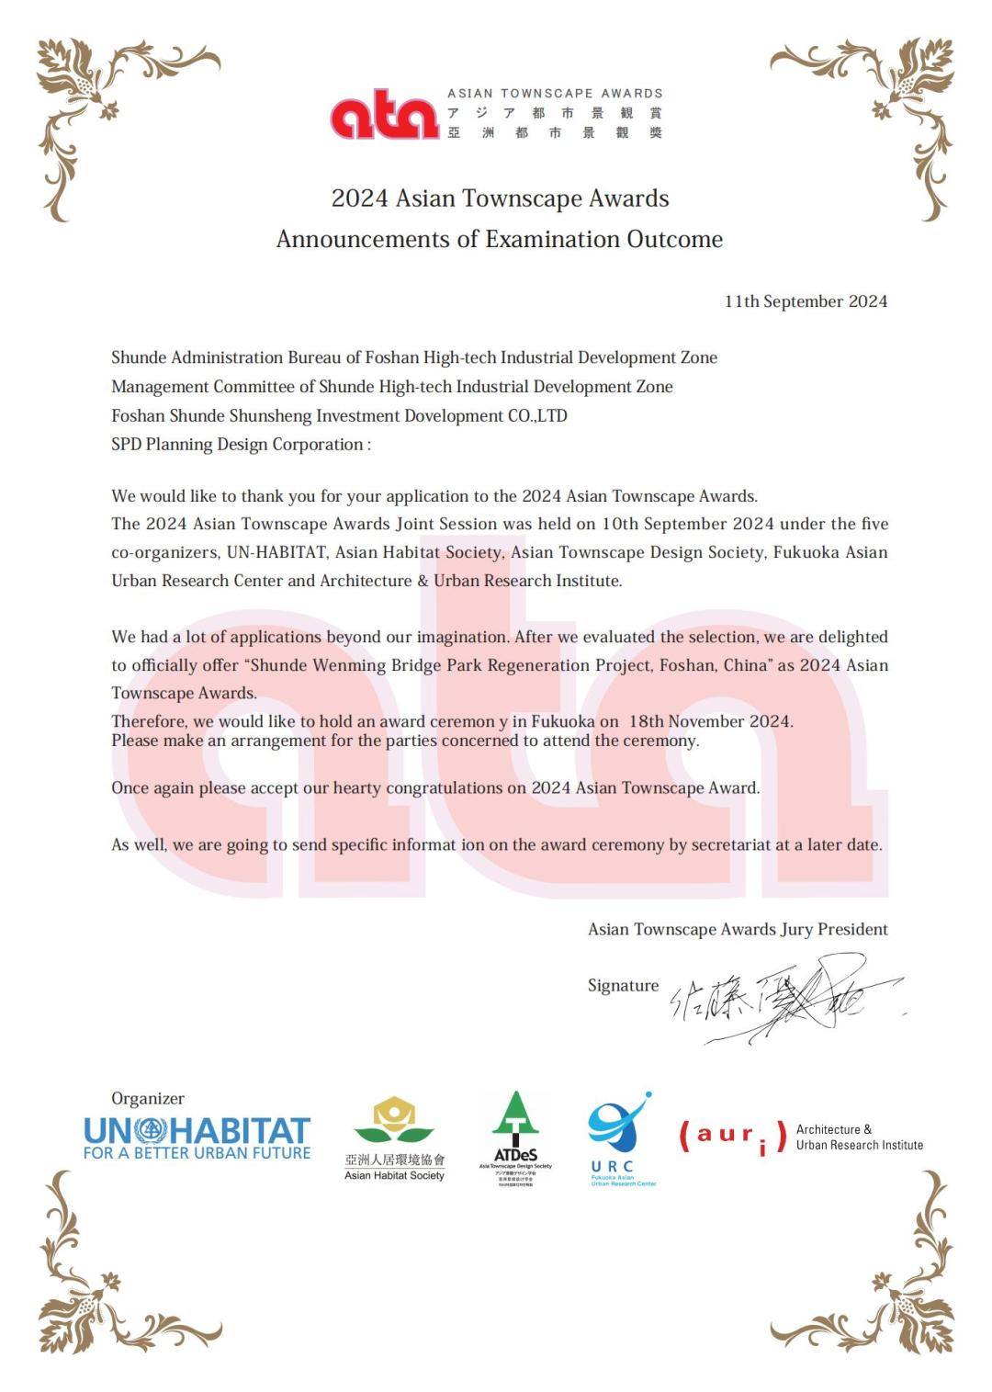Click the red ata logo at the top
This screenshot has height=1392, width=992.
click(x=384, y=117)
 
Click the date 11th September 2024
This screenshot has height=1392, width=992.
click(x=806, y=301)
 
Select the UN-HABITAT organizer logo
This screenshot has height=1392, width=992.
click(x=197, y=1137)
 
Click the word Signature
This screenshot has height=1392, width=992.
click(x=623, y=986)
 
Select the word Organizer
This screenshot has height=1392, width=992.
click(x=147, y=1098)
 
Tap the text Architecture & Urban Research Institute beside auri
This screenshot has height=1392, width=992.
click(x=859, y=1137)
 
